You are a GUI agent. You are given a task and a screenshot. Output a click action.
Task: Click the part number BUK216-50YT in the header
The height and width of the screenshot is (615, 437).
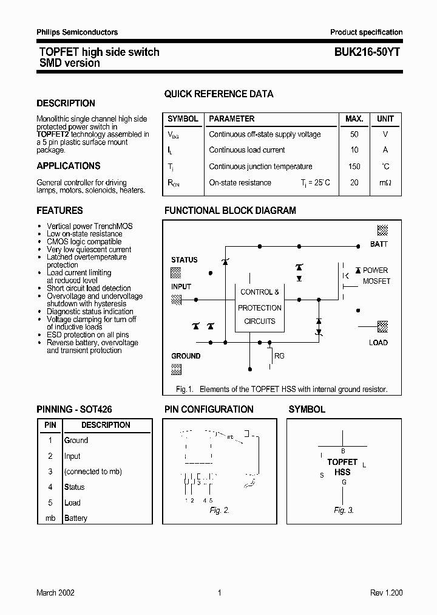[x=366, y=52]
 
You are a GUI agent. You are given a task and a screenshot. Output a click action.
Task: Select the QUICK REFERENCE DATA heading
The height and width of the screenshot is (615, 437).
[x=218, y=94]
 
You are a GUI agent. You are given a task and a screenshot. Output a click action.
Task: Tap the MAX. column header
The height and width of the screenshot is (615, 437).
[x=354, y=119]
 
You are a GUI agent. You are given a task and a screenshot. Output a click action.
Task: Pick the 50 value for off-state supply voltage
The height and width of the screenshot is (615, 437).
[x=354, y=134]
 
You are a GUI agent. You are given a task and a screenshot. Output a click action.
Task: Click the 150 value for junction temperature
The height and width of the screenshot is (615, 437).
[x=354, y=167]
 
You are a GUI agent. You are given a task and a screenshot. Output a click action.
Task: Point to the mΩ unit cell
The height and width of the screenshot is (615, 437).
[x=385, y=183]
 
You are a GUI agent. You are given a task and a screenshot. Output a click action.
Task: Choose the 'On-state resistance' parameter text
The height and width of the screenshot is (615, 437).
[x=240, y=183]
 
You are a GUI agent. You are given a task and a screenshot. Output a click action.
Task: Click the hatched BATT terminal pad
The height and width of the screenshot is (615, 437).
[x=382, y=230]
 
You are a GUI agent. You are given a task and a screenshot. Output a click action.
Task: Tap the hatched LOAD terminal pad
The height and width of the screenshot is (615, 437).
[x=382, y=327]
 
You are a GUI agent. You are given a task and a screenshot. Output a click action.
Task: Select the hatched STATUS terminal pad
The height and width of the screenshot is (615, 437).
[x=176, y=272]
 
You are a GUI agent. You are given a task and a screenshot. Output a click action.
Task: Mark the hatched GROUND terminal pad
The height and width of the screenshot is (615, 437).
[x=176, y=368]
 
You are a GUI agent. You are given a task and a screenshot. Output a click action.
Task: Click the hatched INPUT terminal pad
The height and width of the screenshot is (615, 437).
[x=176, y=299]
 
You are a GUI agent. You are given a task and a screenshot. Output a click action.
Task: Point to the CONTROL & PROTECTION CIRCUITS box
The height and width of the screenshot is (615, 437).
[x=259, y=307]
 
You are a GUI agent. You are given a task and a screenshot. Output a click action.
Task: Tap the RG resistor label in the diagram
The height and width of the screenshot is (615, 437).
[x=279, y=356]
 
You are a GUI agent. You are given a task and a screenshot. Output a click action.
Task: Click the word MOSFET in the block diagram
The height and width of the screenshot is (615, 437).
[x=376, y=281]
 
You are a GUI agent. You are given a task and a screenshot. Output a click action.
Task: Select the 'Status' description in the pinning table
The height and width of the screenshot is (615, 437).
[x=75, y=487]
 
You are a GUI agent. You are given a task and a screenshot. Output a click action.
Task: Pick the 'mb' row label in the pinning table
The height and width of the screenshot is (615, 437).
[x=50, y=518]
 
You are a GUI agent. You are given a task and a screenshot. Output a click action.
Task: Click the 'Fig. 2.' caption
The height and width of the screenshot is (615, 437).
[x=220, y=510]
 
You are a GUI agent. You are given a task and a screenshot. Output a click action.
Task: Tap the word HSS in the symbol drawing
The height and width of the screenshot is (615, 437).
[x=343, y=472]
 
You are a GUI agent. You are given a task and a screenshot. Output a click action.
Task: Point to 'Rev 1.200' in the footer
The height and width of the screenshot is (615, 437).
[x=386, y=593]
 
